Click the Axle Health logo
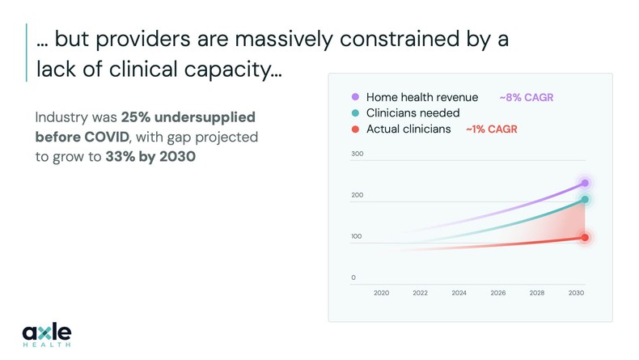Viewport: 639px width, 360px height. pos(47,333)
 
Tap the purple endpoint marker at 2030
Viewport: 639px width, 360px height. pos(585,184)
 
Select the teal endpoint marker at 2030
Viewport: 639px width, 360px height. pos(585,200)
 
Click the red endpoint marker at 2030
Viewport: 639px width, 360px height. pos(585,238)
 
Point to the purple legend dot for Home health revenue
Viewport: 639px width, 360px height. pos(355,97)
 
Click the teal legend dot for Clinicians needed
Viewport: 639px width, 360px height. pos(355,113)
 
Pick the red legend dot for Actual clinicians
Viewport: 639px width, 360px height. pos(355,129)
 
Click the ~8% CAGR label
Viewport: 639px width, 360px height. pos(526,97)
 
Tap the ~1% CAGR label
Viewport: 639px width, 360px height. pos(491,129)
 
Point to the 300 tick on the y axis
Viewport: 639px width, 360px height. pos(357,154)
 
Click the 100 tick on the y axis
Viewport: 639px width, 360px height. pos(357,236)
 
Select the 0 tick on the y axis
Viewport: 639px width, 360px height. pos(353,277)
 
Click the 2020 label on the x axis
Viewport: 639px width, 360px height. pos(381,293)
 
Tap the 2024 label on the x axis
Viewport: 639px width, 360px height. pos(459,293)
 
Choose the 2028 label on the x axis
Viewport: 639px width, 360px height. pos(536,293)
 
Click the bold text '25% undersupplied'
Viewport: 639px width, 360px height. pos(188,117)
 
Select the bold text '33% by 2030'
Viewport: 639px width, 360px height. pos(150,156)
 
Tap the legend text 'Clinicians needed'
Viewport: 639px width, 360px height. pos(413,113)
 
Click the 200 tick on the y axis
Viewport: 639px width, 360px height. pos(357,195)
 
